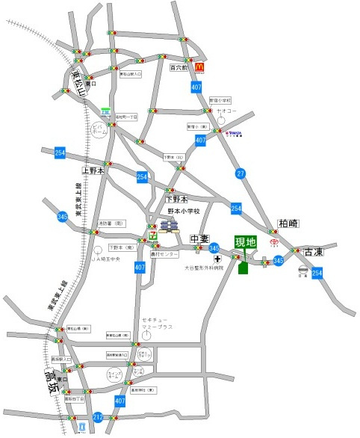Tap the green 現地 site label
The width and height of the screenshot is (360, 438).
(x=245, y=242)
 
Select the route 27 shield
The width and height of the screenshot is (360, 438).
(x=240, y=173)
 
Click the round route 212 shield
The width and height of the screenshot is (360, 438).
(x=98, y=416)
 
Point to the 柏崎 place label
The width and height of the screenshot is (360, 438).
(x=288, y=223)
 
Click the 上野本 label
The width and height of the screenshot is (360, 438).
(x=96, y=171)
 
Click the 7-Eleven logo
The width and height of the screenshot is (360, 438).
(x=154, y=234)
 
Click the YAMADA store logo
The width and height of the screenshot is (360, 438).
(x=233, y=135)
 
